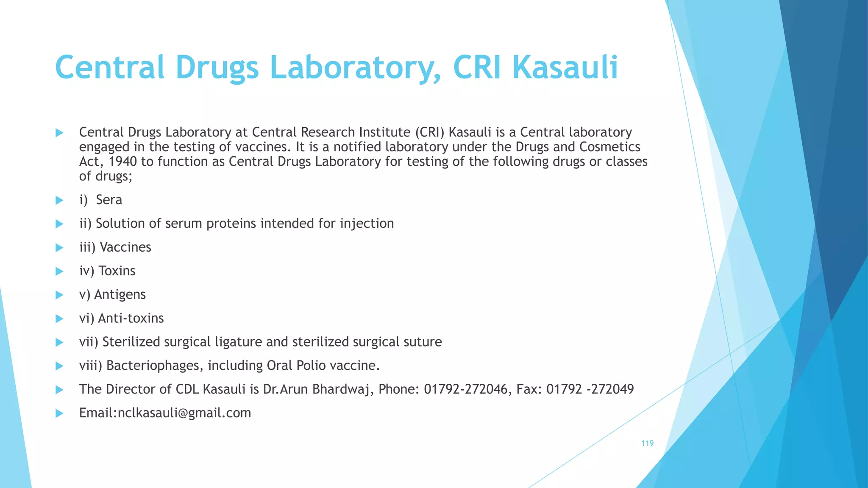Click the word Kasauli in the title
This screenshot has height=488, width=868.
[x=565, y=68]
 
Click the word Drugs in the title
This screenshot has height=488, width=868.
[x=217, y=68]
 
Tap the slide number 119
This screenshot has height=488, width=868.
[x=647, y=443]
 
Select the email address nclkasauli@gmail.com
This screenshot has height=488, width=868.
[x=184, y=413]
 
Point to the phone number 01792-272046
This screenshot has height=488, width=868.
[x=465, y=389]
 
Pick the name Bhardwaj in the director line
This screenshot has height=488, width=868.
[x=341, y=389]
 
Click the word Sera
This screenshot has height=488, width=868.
[x=109, y=200]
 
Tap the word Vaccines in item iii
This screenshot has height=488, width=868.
[x=125, y=247]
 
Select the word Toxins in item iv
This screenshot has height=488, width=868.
[x=117, y=271]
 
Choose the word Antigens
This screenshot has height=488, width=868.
[x=120, y=295]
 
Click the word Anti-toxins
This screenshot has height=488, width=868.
[x=131, y=319]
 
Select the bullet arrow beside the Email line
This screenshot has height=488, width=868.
[x=59, y=413]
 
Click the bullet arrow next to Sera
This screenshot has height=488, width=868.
[x=59, y=200]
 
